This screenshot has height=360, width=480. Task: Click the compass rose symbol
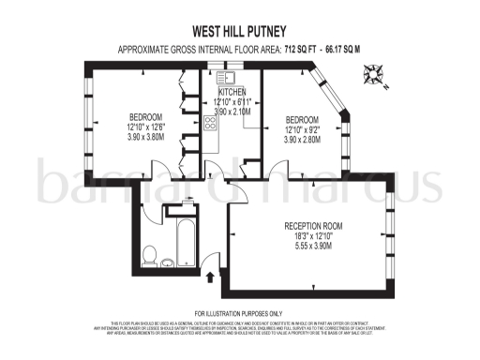375,69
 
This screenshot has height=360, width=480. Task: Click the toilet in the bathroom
150,252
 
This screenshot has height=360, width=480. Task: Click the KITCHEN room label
233,92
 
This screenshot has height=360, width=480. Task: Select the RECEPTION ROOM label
313,226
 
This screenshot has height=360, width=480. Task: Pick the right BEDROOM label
302,119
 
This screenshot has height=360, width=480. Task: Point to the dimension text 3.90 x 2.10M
234,111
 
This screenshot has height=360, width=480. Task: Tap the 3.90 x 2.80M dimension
302,139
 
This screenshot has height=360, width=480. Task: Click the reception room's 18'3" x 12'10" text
313,236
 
